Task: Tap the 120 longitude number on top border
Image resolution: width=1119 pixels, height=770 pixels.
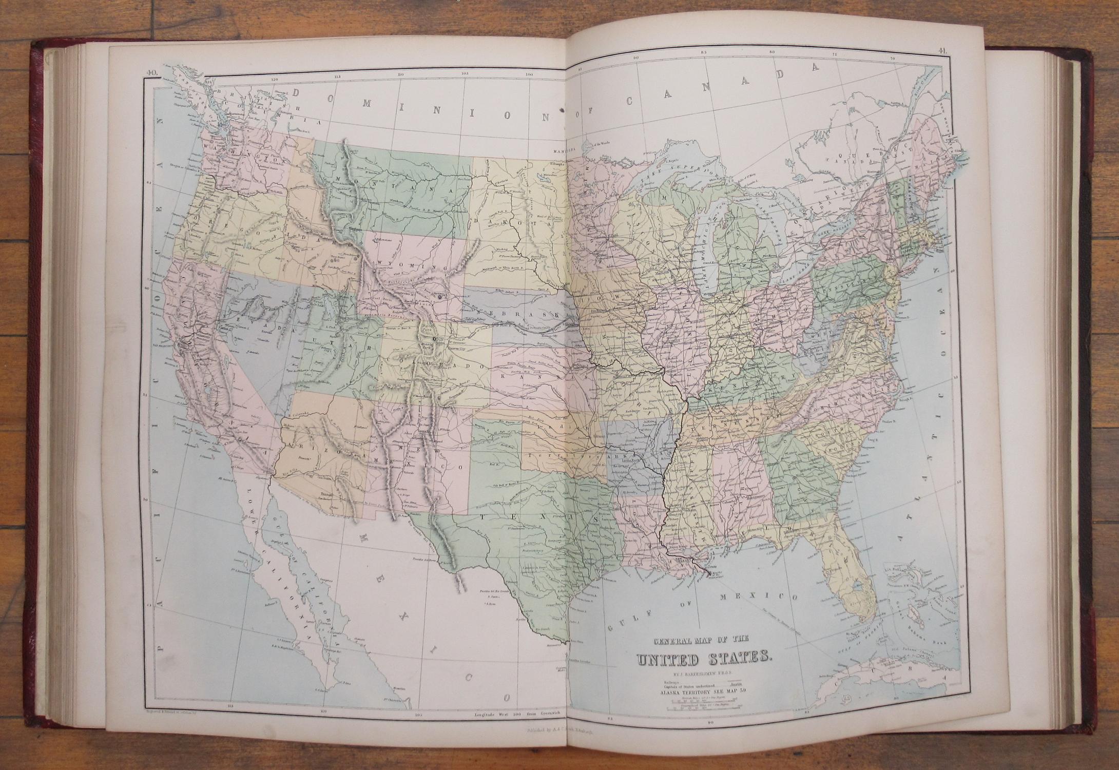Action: tap(275, 79)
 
